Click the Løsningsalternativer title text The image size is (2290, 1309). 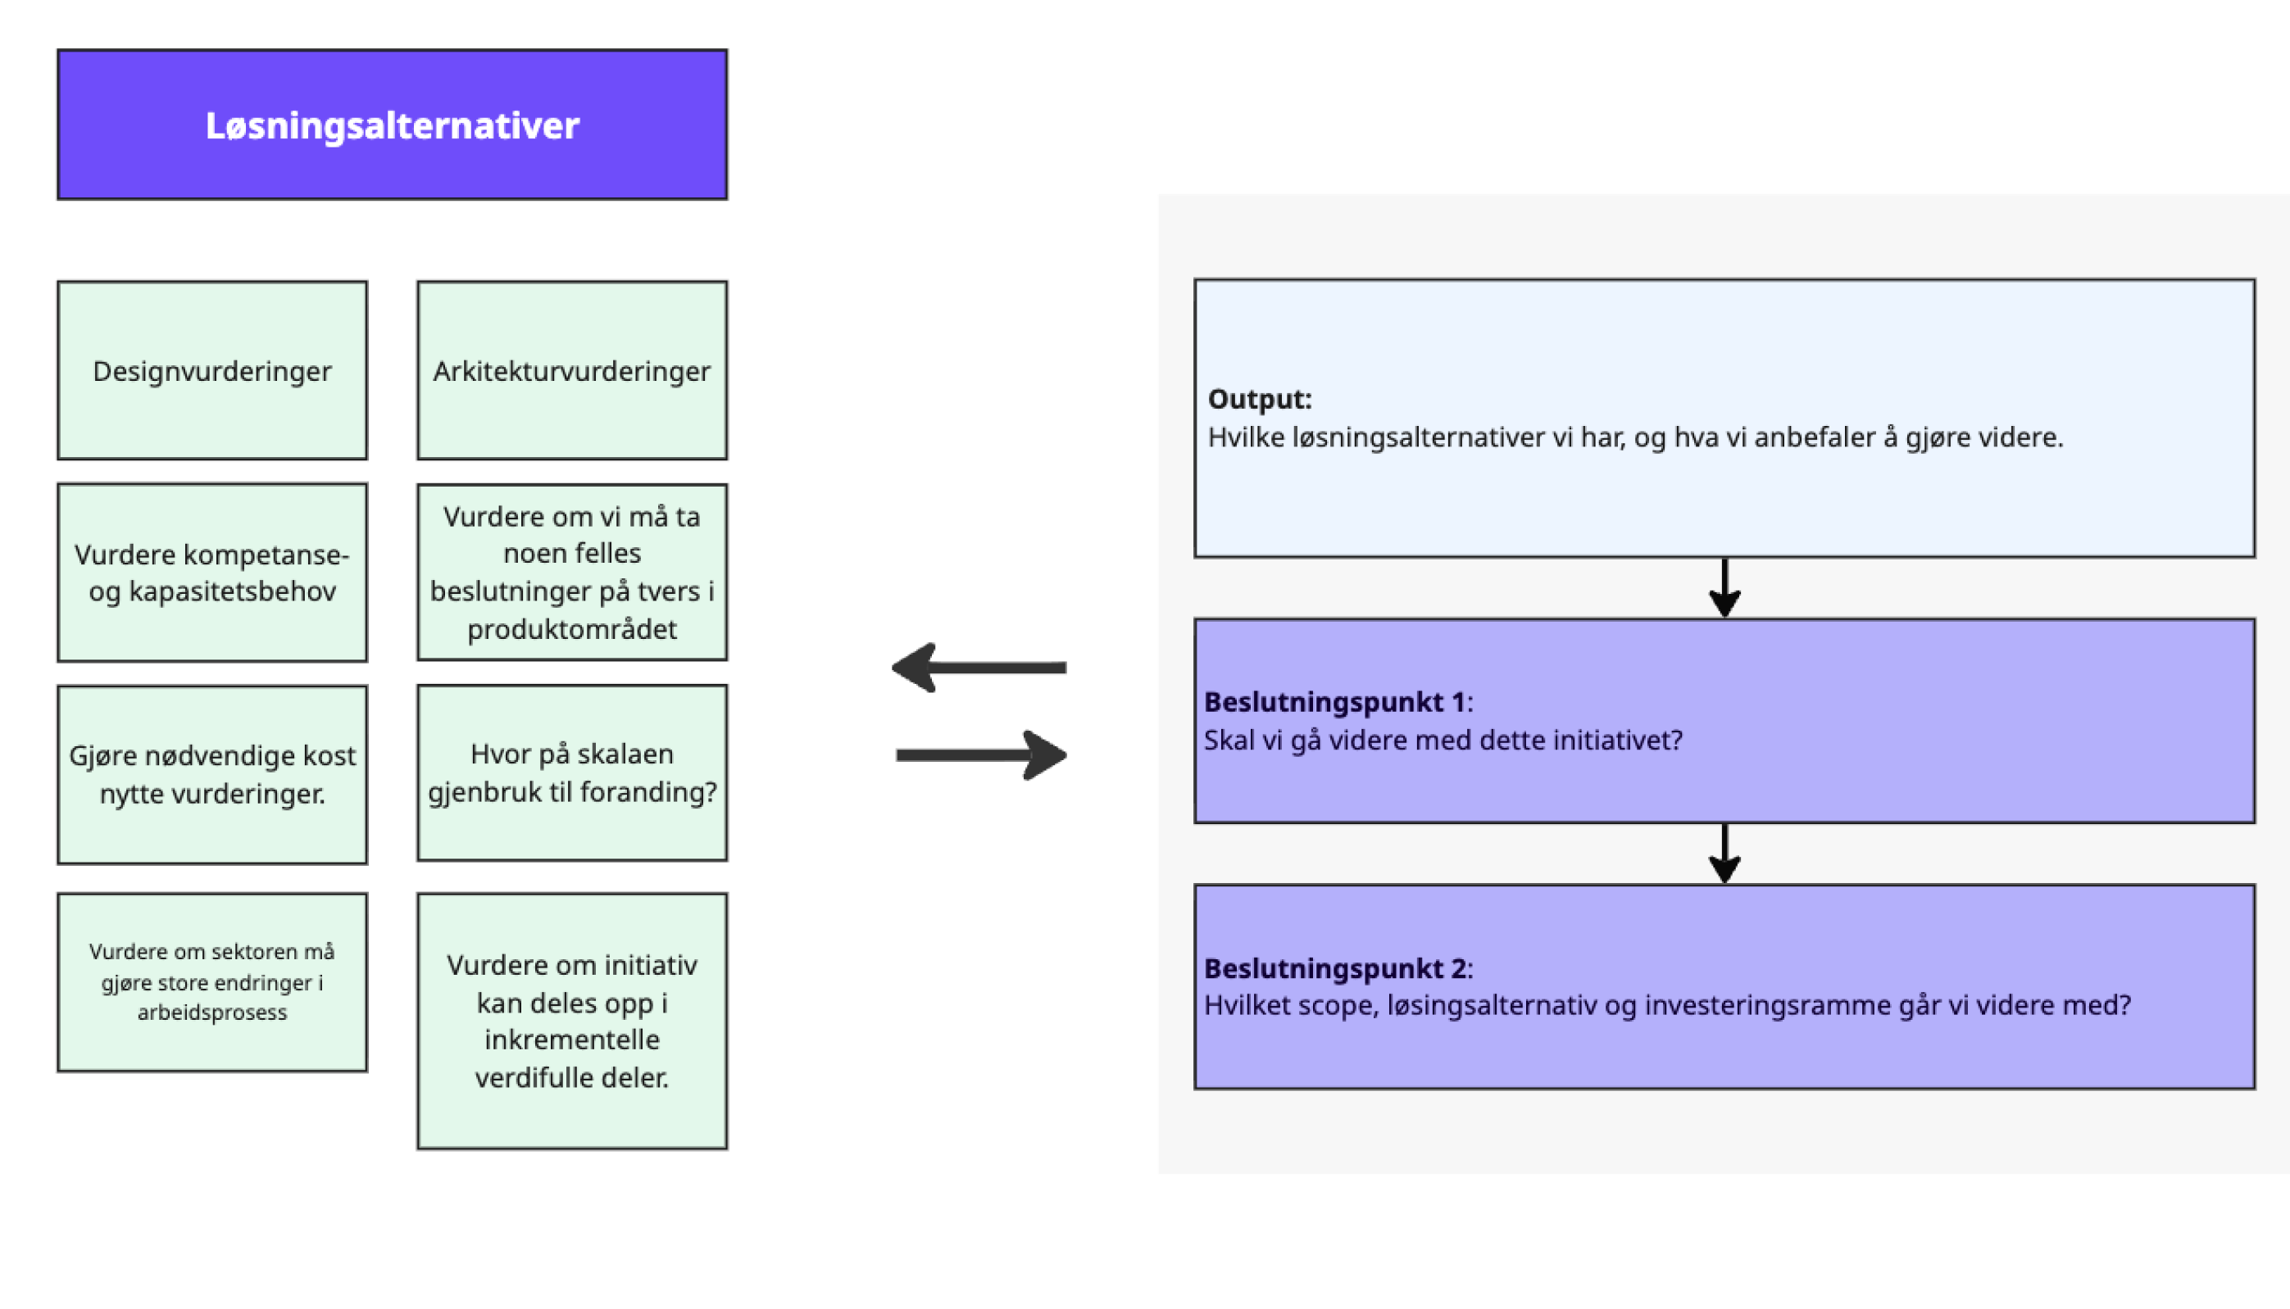392,125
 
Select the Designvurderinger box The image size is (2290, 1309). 212,370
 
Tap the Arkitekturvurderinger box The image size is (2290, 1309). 572,370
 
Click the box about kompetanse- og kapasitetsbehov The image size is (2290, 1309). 212,573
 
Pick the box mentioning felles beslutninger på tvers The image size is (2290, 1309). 572,573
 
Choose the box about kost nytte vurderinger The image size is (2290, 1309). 212,774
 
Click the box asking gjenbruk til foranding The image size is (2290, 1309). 572,773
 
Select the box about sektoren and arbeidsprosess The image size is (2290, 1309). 212,981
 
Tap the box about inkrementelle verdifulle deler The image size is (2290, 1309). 572,1021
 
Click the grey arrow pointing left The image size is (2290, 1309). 979,668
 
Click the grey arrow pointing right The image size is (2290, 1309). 980,754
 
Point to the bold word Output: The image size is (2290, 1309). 1259,399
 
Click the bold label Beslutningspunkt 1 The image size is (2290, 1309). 1336,702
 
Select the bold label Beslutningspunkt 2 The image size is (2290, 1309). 1336,968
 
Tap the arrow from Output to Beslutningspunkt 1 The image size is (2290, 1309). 1724,588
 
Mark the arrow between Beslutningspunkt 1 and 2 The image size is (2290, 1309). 1724,854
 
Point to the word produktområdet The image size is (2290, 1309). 572,629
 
